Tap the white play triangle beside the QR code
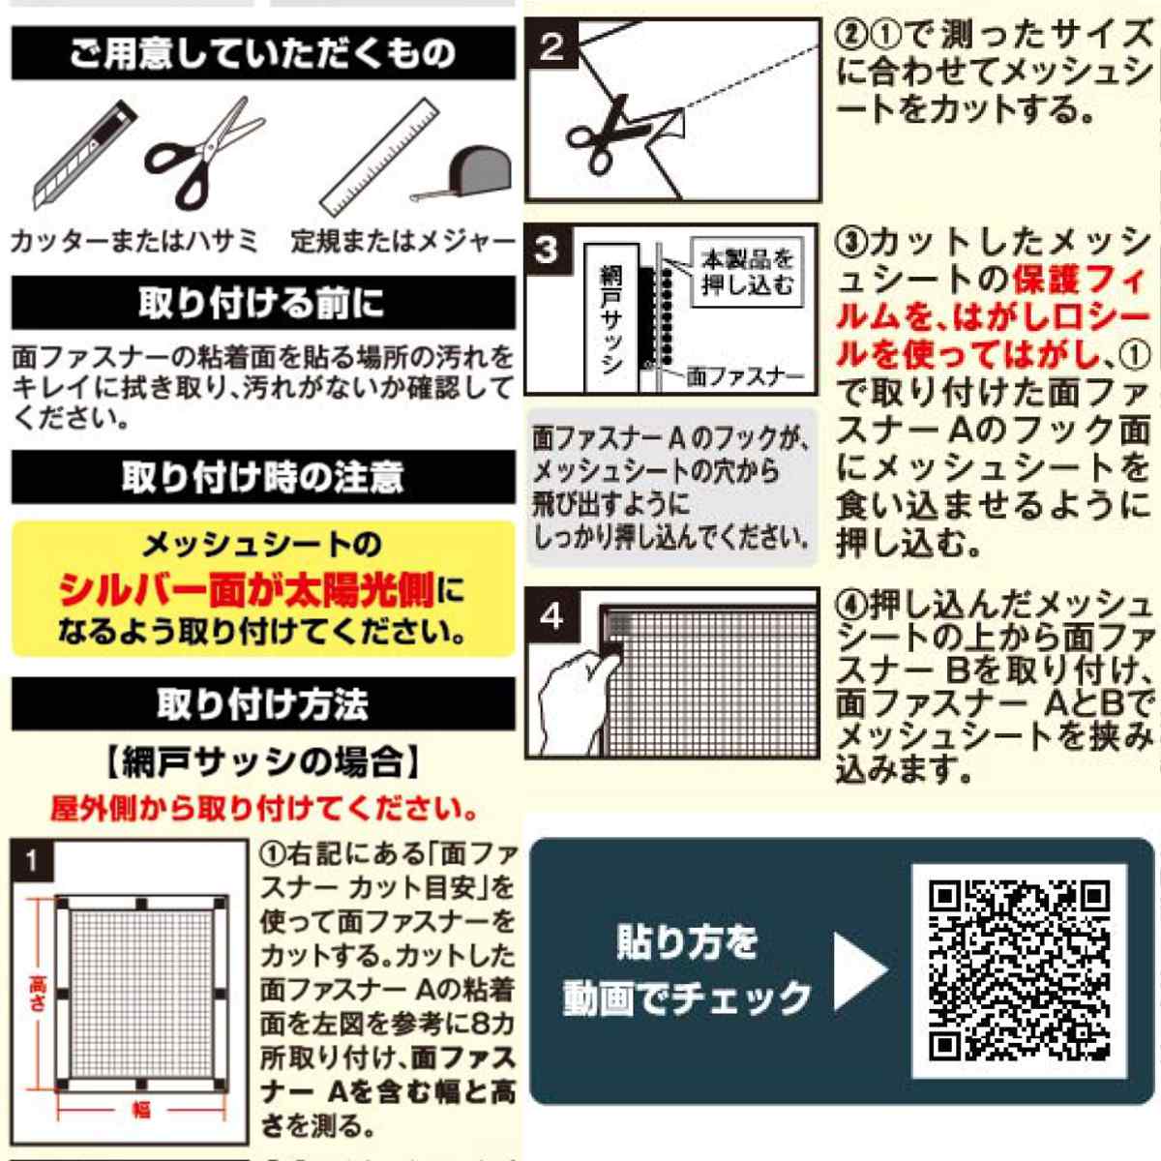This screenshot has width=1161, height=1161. [858, 970]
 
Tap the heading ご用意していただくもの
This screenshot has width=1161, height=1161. [263, 53]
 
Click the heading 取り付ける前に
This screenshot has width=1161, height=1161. [263, 303]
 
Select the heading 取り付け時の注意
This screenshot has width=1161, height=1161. [263, 477]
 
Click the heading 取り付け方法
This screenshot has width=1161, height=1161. [263, 703]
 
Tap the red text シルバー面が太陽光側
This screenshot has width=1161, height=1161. [247, 589]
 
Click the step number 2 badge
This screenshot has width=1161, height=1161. [551, 46]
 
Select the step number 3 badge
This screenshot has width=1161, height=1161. [547, 251]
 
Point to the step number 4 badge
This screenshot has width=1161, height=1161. [551, 615]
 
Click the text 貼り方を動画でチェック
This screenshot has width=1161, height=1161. [687, 970]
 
